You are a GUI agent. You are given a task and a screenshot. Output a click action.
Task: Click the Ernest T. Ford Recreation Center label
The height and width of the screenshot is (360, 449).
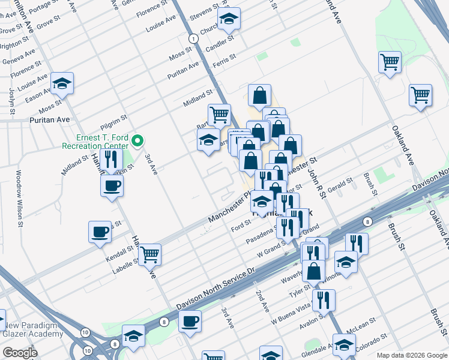coord(94,141)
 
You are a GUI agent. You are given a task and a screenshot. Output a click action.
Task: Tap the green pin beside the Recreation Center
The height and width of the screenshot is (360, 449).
coord(137,141)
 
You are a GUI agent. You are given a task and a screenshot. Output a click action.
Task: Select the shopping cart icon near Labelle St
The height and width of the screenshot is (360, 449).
coord(149,254)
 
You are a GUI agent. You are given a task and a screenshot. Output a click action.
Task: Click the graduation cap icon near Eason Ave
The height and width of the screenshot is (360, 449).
coord(61,84)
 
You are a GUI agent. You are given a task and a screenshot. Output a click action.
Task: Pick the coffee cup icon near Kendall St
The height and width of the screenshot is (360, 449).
coord(100,231)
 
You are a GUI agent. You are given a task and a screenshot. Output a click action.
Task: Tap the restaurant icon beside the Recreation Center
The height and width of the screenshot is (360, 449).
coord(110,160)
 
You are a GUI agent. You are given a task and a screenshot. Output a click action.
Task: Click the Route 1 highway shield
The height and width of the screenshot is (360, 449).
coord(193,38)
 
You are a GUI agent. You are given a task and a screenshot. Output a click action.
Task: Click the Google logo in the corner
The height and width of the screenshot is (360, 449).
coord(19,353)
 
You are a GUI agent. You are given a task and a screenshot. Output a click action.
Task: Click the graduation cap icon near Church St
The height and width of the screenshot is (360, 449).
coord(229,19)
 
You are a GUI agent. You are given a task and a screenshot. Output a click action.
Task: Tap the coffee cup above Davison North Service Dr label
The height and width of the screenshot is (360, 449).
coord(191,321)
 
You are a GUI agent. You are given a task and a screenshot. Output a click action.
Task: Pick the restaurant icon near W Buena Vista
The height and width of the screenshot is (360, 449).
coord(324,299)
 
